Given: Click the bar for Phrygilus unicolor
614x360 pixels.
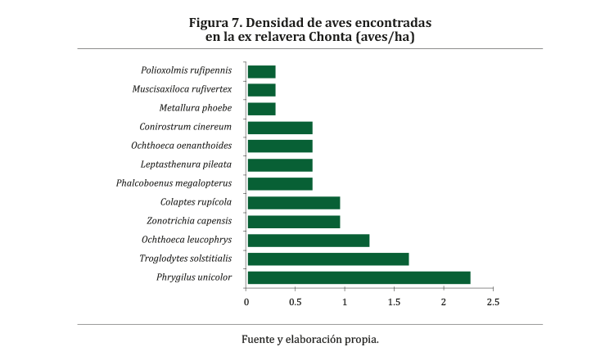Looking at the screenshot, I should point(359,277).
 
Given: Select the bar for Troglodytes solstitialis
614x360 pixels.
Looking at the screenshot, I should point(327,259).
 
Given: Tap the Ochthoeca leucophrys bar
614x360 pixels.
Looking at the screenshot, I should point(308,240).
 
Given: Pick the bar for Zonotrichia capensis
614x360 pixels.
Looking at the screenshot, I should point(293,221).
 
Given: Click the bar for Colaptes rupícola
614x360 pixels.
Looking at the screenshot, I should point(293,202).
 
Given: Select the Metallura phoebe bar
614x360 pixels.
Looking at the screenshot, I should point(261,108).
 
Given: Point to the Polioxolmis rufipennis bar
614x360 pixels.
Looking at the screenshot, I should point(261,71).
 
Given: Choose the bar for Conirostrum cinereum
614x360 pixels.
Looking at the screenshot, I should point(279,127).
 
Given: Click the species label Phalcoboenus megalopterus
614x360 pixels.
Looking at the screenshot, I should point(174,183).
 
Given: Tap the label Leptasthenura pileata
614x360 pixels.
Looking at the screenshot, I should point(181,164).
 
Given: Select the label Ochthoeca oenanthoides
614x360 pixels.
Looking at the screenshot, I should point(181,146).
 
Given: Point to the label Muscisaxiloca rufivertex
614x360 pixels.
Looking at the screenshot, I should point(182,89).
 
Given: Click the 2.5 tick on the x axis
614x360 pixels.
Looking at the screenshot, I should point(493,302).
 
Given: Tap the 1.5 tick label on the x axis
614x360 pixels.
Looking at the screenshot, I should point(394,302).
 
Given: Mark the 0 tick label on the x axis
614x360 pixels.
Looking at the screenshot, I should point(246,302).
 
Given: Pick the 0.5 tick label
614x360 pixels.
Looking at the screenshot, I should point(296,302).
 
